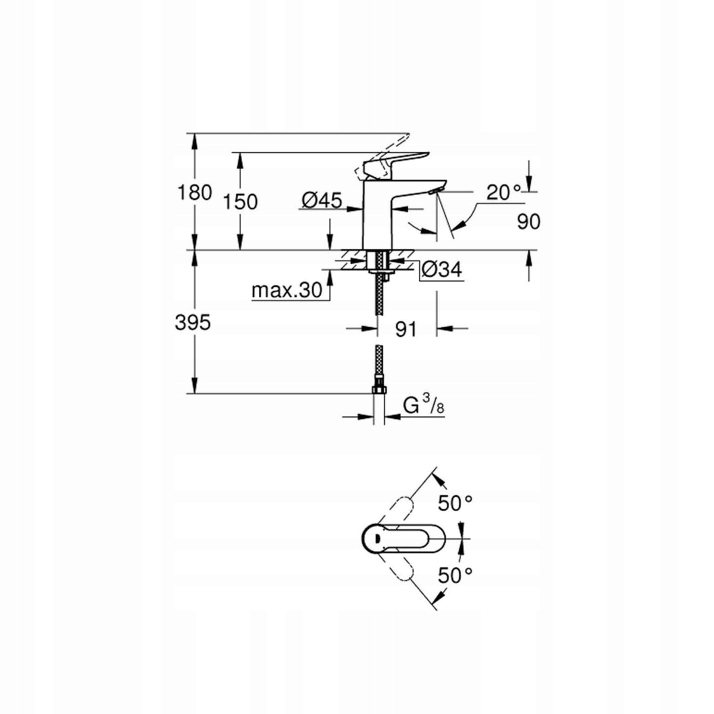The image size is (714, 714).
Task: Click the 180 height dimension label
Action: click(194, 193)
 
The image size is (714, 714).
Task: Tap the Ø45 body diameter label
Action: click(321, 201)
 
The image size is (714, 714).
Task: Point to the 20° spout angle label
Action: click(503, 192)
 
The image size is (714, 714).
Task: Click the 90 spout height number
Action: click(528, 222)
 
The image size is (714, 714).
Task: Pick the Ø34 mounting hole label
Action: click(441, 270)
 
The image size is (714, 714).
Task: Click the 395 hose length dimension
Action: click(193, 323)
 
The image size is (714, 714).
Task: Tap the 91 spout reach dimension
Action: click(406, 329)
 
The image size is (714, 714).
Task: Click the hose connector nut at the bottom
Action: click(378, 390)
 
